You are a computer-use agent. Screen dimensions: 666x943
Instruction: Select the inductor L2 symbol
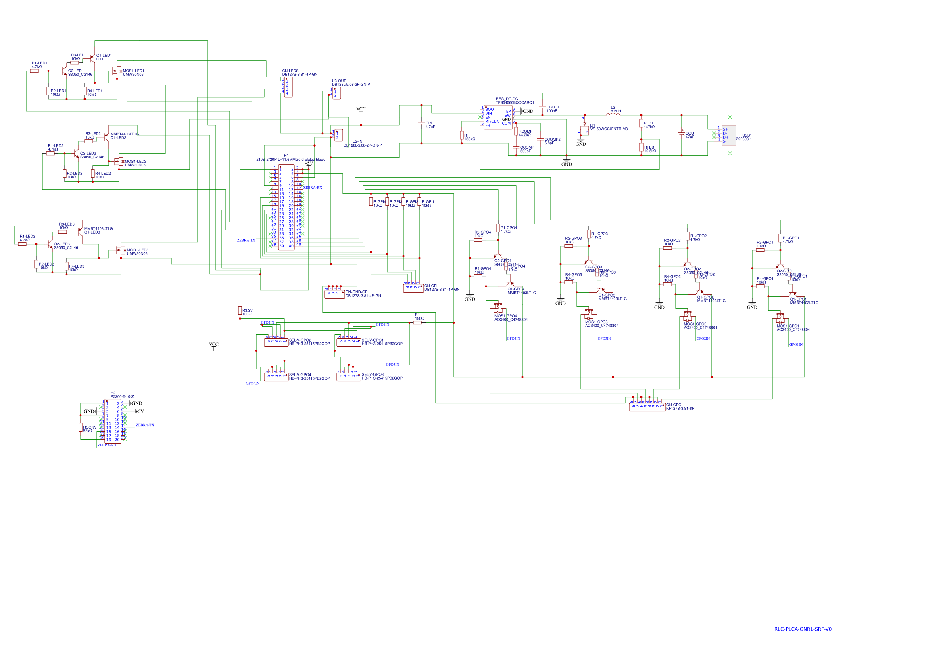coord(613,115)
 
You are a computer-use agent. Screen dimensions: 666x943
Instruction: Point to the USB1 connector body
coord(728,135)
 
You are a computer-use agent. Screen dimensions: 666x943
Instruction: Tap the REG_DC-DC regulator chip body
coord(498,117)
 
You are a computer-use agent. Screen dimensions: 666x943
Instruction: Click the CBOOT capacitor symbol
coord(542,108)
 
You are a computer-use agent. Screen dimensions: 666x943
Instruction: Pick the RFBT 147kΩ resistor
coord(641,123)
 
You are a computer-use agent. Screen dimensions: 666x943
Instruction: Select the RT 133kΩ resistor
coord(462,135)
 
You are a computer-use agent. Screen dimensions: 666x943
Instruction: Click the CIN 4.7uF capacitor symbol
coord(421,123)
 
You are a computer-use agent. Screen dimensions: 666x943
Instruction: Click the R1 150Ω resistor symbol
coord(417,323)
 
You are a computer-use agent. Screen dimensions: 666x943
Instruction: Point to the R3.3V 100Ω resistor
coord(240,311)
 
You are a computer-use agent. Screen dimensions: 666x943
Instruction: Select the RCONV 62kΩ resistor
coord(81,427)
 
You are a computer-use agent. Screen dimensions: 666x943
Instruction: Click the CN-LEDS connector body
coord(288,87)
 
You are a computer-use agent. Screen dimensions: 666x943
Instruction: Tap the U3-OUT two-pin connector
coord(336,93)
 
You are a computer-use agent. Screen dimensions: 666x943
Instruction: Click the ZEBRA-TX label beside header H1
coord(246,241)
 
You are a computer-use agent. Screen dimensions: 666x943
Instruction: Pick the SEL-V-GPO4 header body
coord(276,376)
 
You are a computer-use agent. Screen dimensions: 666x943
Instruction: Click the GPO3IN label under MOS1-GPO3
coord(604,338)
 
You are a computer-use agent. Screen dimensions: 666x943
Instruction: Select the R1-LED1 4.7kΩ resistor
coord(35,71)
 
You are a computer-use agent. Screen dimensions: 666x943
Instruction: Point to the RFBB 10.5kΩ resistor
coord(641,147)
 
